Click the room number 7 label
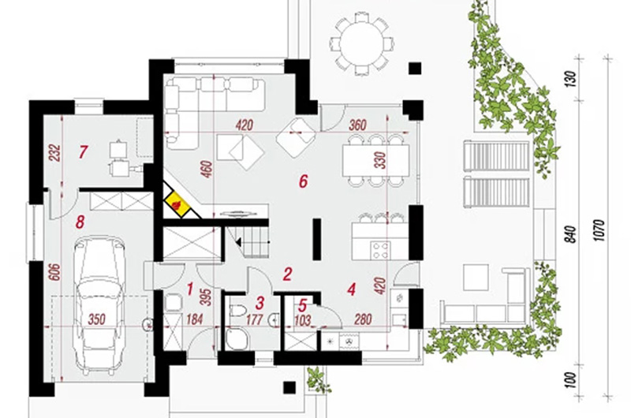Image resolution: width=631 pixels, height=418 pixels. tap(84, 152)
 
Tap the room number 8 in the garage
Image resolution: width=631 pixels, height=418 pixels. tap(80, 222)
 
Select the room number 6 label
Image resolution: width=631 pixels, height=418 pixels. tap(303, 181)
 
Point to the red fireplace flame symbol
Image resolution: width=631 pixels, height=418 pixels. tap(176, 204)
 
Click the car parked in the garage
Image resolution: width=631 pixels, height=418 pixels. tap(99, 305)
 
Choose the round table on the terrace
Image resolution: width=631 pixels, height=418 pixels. tap(361, 43)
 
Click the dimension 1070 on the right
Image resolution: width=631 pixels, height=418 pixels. tap(599, 230)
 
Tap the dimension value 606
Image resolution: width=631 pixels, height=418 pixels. tap(54, 272)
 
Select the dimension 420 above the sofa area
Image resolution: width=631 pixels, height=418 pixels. tap(245, 125)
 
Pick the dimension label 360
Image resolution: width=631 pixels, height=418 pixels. tap(357, 125)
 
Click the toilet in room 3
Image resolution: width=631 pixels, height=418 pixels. tap(238, 311)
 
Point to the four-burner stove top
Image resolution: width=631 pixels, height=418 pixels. tap(380, 250)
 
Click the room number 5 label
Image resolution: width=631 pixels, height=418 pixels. tap(303, 306)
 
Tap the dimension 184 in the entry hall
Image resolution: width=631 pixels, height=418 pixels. tap(195, 320)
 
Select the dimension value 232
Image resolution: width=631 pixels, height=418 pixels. tap(54, 152)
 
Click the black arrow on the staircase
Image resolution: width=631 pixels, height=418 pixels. tap(238, 242)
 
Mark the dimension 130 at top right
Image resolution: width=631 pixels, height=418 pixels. tap(570, 77)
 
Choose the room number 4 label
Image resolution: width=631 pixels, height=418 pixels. tap(352, 289)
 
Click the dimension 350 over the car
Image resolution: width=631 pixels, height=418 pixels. tap(96, 320)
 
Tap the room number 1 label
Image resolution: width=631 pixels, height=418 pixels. tap(190, 289)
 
